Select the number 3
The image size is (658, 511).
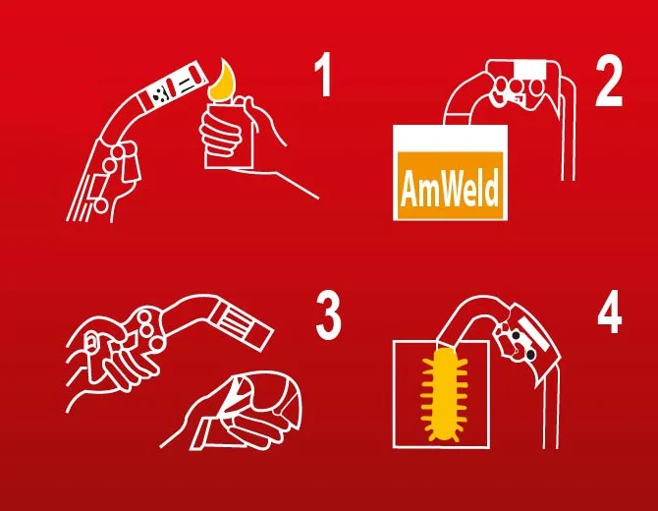[328, 317]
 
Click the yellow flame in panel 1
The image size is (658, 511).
[223, 82]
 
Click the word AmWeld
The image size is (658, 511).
[450, 188]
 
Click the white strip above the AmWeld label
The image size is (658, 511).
[450, 139]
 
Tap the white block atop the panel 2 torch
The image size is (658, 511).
[531, 70]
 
